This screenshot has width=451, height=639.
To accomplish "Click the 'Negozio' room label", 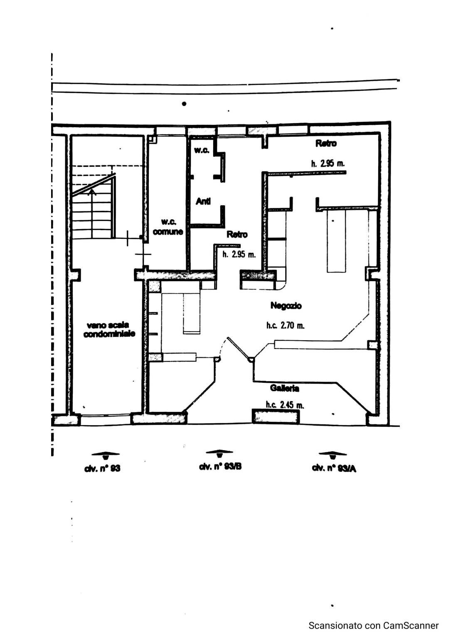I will click(x=286, y=306).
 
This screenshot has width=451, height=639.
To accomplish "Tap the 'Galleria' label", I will click(x=284, y=389).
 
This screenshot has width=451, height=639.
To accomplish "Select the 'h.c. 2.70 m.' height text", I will click(x=286, y=325).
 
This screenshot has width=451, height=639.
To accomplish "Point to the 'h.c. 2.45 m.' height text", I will click(x=285, y=404).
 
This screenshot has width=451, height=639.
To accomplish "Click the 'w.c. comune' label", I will click(x=168, y=228).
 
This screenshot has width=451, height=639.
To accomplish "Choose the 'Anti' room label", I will click(x=203, y=202).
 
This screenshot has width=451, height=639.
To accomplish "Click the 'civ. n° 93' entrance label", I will click(x=102, y=468).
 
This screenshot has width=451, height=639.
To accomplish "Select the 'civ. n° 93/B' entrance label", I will click(x=220, y=467).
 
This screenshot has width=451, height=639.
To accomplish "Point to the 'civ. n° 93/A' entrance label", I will click(x=334, y=468).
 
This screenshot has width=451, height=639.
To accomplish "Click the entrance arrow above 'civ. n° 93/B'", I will click(x=219, y=453).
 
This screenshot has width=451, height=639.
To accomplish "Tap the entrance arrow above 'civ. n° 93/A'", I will click(x=333, y=454).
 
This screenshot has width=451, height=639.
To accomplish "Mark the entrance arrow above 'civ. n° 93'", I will click(x=105, y=454).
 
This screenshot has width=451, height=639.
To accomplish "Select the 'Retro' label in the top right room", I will click(x=326, y=144).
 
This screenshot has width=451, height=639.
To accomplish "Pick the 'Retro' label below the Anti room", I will click(x=237, y=235).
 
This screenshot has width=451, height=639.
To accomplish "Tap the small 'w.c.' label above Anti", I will click(x=202, y=150).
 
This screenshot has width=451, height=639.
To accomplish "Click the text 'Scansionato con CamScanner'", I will click(x=373, y=625).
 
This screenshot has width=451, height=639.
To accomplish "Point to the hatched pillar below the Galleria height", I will click(x=276, y=416).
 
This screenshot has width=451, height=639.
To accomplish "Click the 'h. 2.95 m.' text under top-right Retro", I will click(x=328, y=163).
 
